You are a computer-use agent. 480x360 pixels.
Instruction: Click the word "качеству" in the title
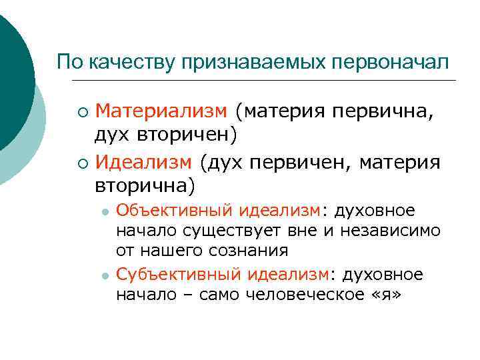point(119,62)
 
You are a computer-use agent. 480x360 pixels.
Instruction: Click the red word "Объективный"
point(175,211)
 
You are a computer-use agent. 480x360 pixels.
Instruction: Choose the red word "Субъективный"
point(179,275)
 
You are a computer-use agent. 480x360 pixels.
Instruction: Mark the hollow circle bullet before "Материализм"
point(81,111)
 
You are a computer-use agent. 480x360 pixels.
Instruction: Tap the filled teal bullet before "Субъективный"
point(105,275)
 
